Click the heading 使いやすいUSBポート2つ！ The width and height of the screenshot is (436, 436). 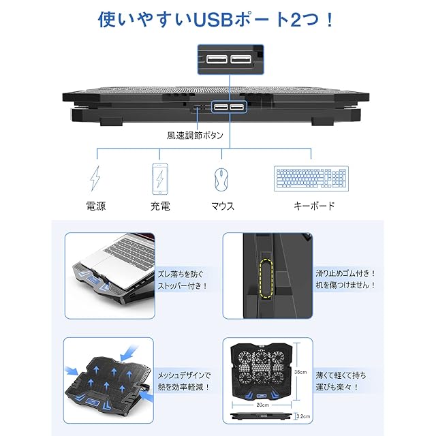[x=217, y=18]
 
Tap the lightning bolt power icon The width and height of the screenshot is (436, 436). [x=95, y=178]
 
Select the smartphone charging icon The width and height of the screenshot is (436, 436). [x=159, y=178]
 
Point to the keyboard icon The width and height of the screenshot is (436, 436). [x=311, y=179]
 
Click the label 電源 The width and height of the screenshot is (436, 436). [x=95, y=205]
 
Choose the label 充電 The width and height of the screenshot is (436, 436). [x=159, y=205]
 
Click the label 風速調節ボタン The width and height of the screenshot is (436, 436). [x=196, y=135]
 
